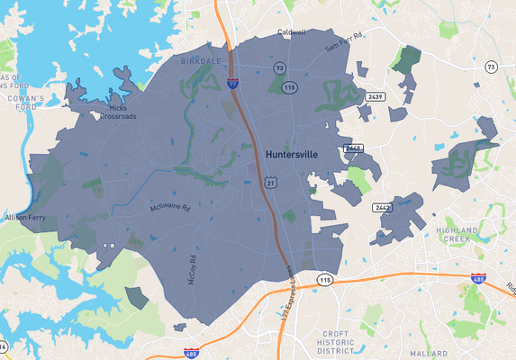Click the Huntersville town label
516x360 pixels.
pyautogui.click(x=292, y=155)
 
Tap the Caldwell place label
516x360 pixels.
pyautogui.click(x=292, y=32)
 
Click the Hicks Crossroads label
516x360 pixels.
pyautogui.click(x=118, y=112)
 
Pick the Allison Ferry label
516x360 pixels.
pyautogui.click(x=26, y=218)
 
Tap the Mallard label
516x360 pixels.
pyautogui.click(x=428, y=354)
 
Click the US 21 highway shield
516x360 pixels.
pyautogui.click(x=270, y=182)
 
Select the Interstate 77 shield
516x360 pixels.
pyautogui.click(x=233, y=83)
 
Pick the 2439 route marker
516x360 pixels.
pyautogui.click(x=376, y=95)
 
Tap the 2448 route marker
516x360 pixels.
pyautogui.click(x=353, y=148)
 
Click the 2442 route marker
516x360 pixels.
pyautogui.click(x=383, y=207)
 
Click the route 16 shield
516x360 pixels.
pyautogui.click(x=4, y=346)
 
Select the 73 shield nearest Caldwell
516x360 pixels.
pyautogui.click(x=280, y=67)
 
